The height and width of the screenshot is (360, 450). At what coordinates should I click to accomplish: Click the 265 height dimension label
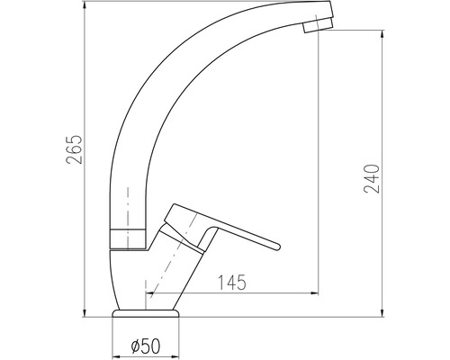coord(75,155)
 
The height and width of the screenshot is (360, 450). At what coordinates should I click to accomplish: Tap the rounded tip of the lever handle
coord(273,243)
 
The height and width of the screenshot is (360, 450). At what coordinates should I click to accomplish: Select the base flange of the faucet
coord(148,316)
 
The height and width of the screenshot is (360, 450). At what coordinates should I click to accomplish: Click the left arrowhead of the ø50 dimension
coord(114,352)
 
